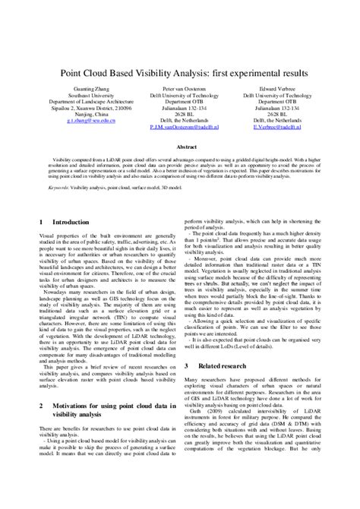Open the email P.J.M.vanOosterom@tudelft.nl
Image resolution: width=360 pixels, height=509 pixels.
(180, 128)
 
